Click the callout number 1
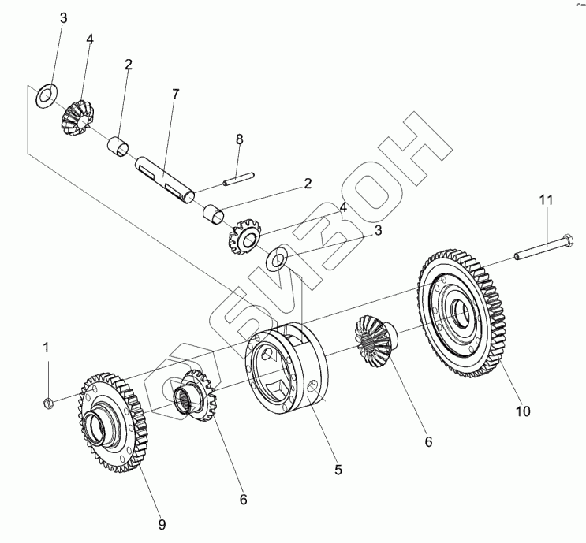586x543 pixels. (x=46, y=347)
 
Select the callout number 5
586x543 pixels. (x=338, y=470)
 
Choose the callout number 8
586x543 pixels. (x=240, y=139)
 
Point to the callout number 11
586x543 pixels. (x=547, y=200)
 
